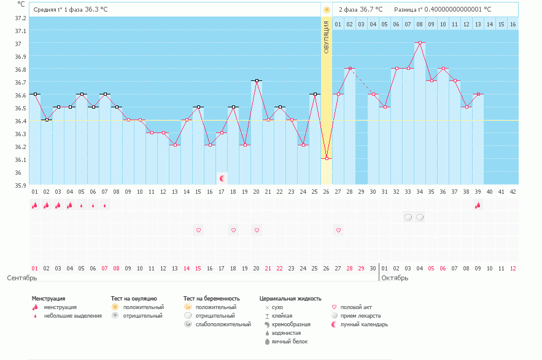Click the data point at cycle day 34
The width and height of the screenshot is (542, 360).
420,43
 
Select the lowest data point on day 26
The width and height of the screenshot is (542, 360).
327,159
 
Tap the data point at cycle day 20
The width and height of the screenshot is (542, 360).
257,81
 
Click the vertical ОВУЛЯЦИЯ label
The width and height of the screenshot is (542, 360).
327,37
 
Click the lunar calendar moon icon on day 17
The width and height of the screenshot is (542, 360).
222,178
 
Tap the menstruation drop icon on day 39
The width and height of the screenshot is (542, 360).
478,205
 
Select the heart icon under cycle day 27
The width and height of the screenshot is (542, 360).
338,230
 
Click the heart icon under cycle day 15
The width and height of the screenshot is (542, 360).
198,230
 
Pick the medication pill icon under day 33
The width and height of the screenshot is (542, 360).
408,218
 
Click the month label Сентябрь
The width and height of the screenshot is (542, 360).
22,278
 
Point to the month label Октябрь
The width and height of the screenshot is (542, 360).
395,278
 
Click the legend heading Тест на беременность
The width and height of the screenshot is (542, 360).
211,299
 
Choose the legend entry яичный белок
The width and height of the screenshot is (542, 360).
285,342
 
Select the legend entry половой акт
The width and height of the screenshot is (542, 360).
356,307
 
